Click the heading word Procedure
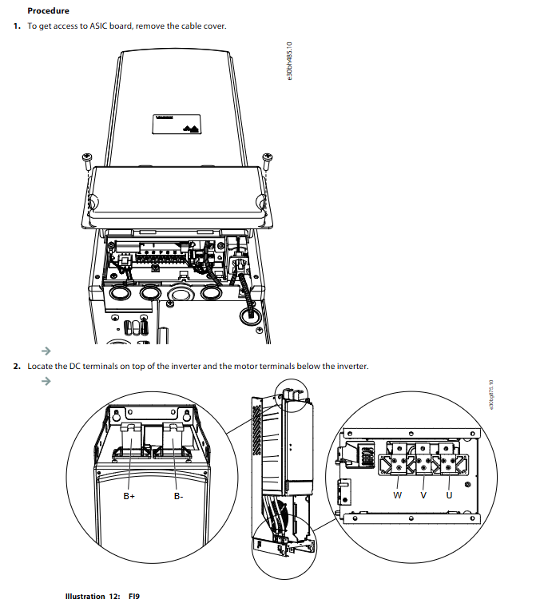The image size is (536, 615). click(x=48, y=11)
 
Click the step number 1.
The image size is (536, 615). click(x=16, y=26)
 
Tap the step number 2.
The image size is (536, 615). click(x=16, y=367)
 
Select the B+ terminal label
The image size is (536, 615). click(x=129, y=496)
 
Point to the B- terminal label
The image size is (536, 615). click(x=179, y=496)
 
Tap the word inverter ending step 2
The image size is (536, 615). click(x=351, y=367)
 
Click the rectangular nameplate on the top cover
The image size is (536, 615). click(x=177, y=124)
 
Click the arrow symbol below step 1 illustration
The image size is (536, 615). click(x=46, y=351)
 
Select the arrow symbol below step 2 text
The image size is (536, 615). click(x=46, y=381)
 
